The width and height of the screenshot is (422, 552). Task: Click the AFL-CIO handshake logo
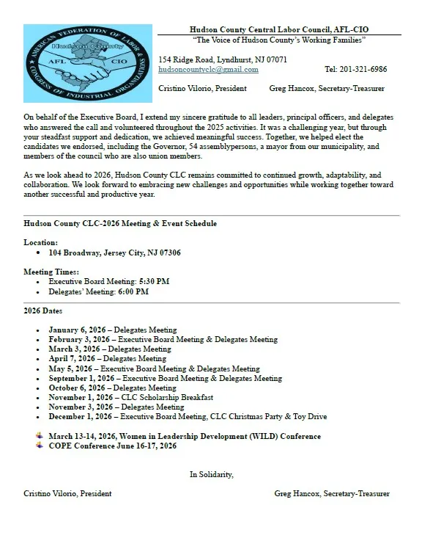[x=86, y=63]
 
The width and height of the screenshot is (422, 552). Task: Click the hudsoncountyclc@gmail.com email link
[x=208, y=70]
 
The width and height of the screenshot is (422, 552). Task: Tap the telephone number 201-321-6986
[x=355, y=70]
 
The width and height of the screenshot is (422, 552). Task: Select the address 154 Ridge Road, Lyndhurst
[x=223, y=59]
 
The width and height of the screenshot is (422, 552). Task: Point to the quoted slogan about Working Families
[x=278, y=38]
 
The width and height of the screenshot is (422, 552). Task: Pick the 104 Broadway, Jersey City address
[x=115, y=253]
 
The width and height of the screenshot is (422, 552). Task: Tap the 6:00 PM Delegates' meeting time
[x=133, y=291]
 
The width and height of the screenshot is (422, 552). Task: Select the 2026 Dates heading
[x=44, y=310]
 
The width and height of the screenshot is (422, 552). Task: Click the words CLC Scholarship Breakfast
[x=167, y=397]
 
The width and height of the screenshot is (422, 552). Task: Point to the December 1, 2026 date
[x=81, y=416]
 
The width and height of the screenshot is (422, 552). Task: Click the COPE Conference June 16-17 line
[x=112, y=446]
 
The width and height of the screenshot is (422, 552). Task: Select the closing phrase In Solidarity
[x=211, y=475]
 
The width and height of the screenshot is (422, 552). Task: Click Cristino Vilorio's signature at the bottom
[x=67, y=494]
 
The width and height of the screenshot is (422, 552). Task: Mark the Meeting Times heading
[x=51, y=272]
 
